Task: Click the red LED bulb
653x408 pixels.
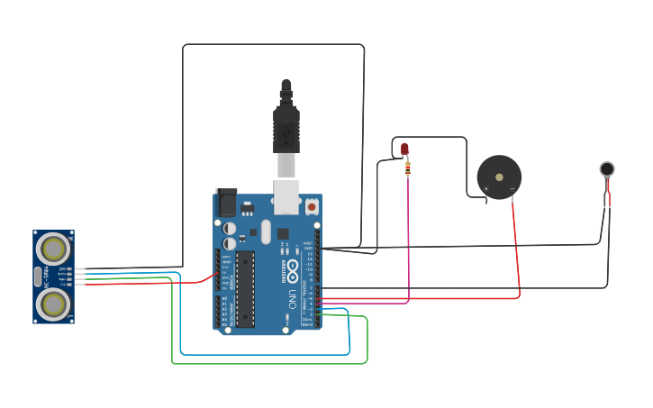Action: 404,149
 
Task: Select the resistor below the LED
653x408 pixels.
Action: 408,168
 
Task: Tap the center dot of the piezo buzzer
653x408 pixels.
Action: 499,177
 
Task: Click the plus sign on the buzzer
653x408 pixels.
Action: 486,189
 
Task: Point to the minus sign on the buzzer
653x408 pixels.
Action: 512,189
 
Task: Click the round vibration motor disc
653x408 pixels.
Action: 607,168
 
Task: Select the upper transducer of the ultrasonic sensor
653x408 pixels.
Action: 53,248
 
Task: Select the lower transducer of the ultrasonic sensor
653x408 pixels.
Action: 53,304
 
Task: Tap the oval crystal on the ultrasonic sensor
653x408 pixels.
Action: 38,277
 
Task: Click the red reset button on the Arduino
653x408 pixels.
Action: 312,206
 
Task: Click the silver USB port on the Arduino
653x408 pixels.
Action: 286,196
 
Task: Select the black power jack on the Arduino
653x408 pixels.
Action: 226,203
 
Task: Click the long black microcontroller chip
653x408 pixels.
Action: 245,288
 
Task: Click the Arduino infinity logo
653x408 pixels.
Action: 293,267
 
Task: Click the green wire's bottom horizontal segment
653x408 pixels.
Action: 270,363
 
